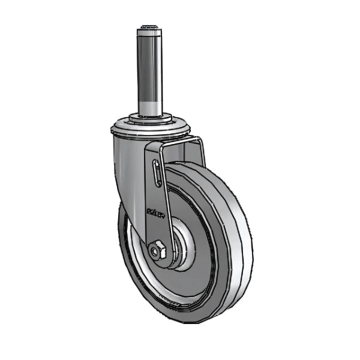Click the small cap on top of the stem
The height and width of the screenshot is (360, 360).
149,28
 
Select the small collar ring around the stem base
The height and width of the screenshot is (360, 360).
149,117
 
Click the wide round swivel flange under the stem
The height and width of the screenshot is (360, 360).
150,128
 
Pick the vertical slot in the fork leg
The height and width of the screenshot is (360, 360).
157,174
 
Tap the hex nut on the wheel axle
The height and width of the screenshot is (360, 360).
158,250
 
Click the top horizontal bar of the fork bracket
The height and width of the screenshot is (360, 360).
174,140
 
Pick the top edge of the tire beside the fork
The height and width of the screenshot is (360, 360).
192,166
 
